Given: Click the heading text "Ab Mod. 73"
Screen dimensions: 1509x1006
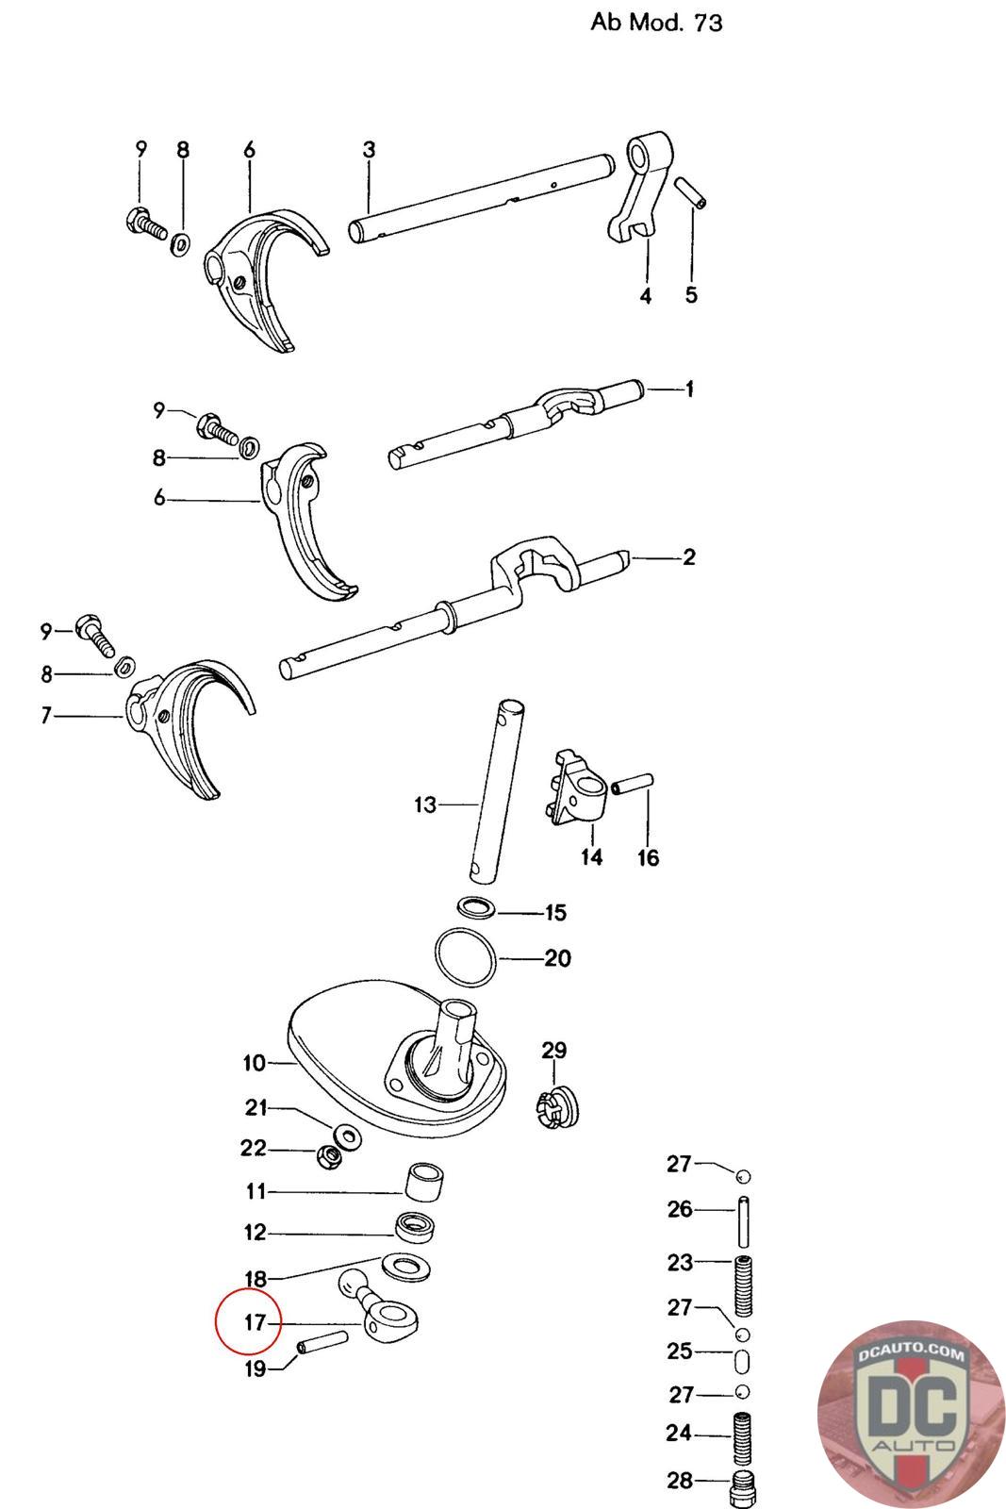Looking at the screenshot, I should pyautogui.click(x=656, y=22).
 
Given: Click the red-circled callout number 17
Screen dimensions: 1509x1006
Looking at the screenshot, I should pyautogui.click(x=256, y=1322).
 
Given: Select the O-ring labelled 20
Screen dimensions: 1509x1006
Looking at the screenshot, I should pyautogui.click(x=467, y=957).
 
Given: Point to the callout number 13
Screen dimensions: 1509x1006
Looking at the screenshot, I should pyautogui.click(x=425, y=804).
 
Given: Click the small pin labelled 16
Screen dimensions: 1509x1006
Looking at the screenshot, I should pyautogui.click(x=633, y=783).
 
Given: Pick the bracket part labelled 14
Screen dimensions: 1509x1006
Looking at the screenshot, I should pyautogui.click(x=574, y=787).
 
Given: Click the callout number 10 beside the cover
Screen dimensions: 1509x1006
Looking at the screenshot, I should pyautogui.click(x=255, y=1063).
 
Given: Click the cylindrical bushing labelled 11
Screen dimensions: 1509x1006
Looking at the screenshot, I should pyautogui.click(x=424, y=1184).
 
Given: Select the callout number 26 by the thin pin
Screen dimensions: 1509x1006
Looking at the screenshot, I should pyautogui.click(x=680, y=1209).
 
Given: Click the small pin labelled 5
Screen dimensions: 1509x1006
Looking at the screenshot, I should pyautogui.click(x=691, y=193).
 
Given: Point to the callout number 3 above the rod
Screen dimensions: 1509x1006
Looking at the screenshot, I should pyautogui.click(x=369, y=149).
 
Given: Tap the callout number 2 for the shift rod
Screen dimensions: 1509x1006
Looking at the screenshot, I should pyautogui.click(x=689, y=556).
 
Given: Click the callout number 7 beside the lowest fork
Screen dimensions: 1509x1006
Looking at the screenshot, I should pyautogui.click(x=46, y=716).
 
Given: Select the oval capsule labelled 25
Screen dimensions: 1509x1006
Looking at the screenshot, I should pyautogui.click(x=742, y=1363).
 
